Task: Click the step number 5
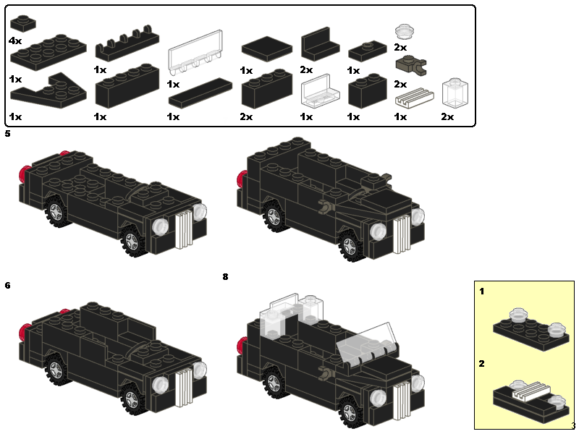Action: (x=7, y=134)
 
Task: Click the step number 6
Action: (x=7, y=285)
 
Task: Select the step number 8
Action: (x=225, y=276)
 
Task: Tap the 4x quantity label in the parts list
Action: (x=15, y=41)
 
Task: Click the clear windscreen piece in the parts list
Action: (x=195, y=51)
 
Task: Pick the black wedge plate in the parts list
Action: (x=48, y=90)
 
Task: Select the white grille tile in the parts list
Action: (x=414, y=98)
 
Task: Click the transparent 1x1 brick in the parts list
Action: (x=455, y=94)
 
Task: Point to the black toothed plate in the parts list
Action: (x=127, y=43)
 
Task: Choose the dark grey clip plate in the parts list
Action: (x=411, y=65)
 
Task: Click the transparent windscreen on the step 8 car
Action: (x=368, y=342)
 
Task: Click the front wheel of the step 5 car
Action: (x=132, y=242)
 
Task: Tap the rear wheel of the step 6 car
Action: (x=56, y=369)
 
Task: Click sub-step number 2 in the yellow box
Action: (x=481, y=364)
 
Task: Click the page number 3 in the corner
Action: (x=573, y=425)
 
